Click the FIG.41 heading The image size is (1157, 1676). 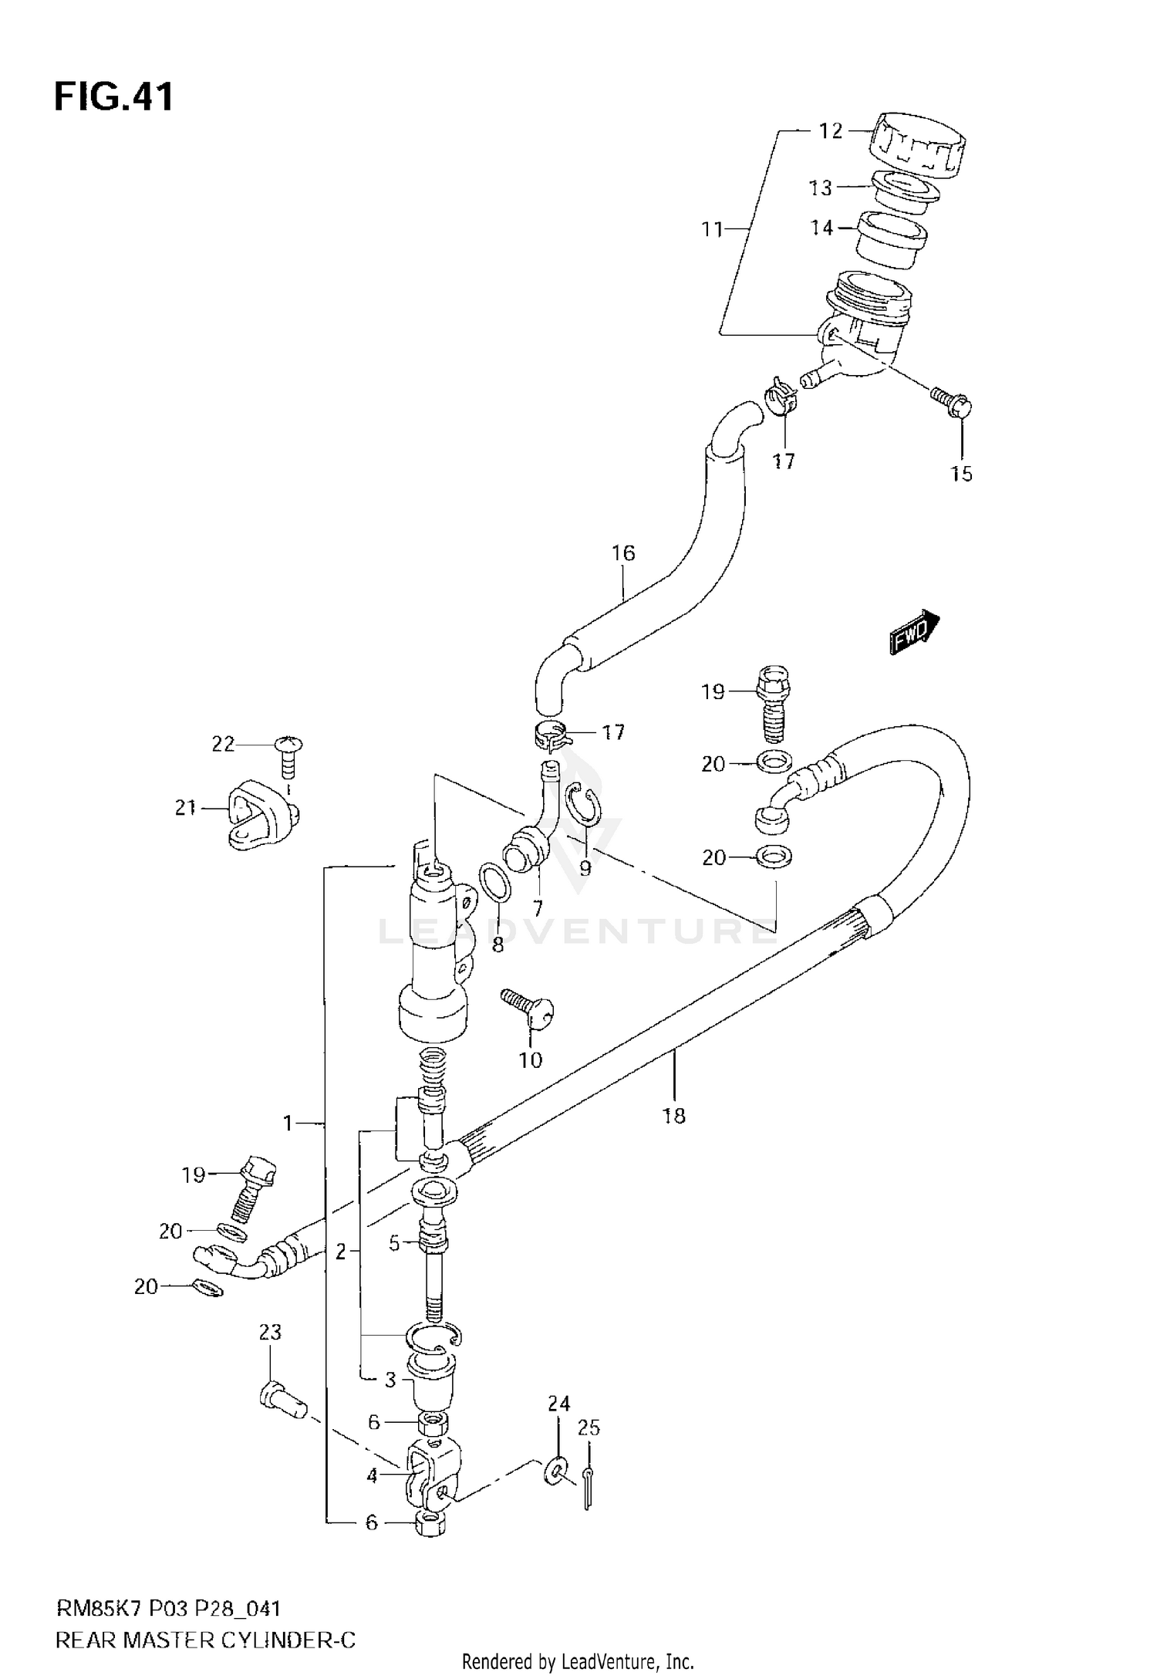pos(113,98)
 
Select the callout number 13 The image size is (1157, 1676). pos(820,188)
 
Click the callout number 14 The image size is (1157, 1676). pos(821,228)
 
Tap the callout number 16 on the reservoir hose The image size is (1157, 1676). pos(622,553)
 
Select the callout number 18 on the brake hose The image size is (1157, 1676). pos(673,1115)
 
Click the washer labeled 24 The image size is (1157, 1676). pos(556,1473)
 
